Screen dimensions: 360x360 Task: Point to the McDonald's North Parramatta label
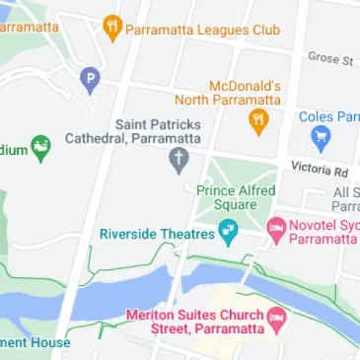(229, 92)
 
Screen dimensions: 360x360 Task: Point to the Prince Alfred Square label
(237, 198)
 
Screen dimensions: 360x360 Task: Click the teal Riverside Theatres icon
(229, 234)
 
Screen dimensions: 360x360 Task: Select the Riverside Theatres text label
(157, 234)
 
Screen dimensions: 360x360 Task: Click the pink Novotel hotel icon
(276, 229)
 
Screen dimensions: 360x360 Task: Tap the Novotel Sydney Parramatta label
(325, 234)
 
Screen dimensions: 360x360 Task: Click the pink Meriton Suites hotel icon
(277, 319)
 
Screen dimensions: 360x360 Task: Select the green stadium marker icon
(41, 150)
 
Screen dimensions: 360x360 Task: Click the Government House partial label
(36, 343)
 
